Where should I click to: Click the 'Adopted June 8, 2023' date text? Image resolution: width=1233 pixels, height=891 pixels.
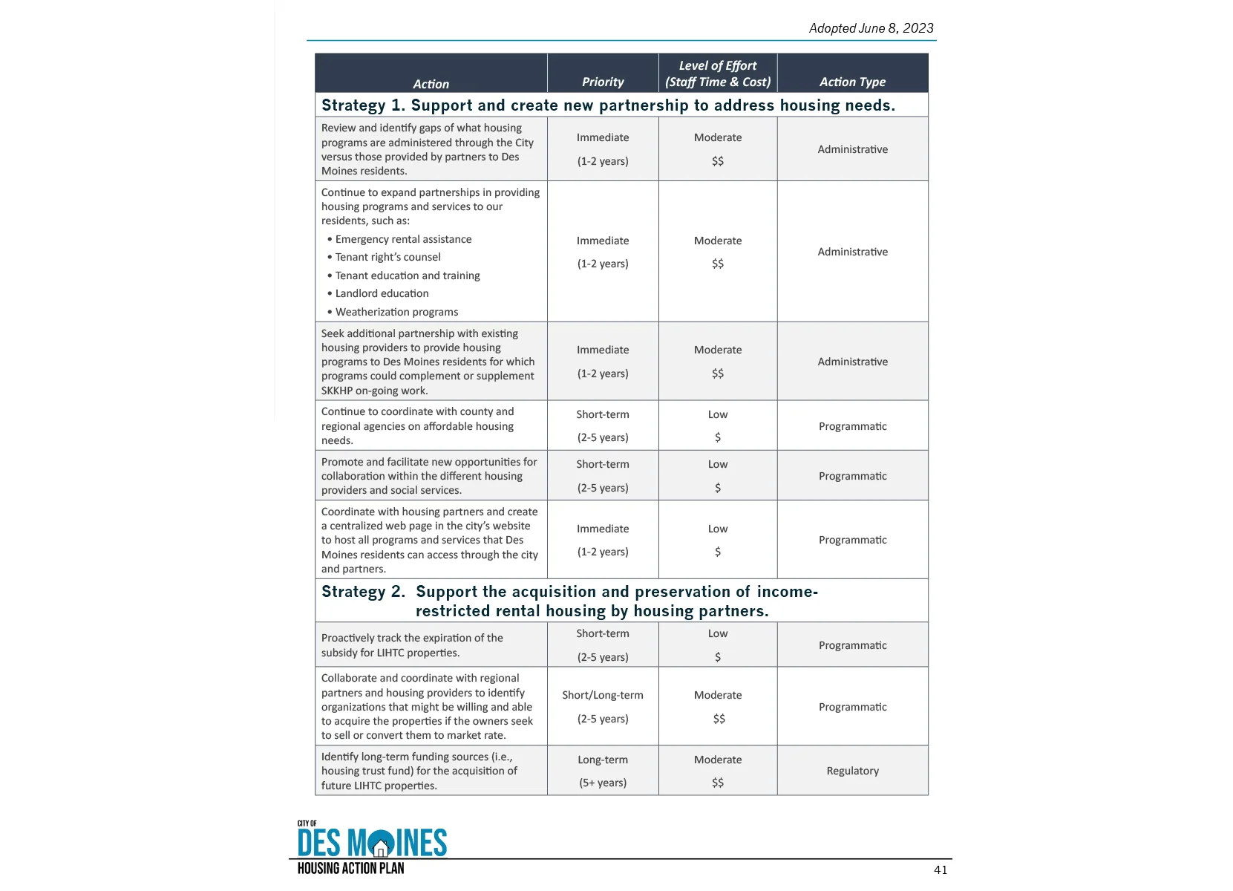coord(871,28)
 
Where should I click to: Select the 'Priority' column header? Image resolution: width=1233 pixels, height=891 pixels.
coord(603,82)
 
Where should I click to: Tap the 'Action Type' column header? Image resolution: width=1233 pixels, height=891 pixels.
coord(852,82)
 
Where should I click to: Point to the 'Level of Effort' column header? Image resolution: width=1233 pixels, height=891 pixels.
coord(718,66)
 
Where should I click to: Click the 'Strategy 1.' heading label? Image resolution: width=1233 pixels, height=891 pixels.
coord(363,105)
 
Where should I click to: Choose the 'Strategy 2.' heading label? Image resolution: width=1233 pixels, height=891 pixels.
coord(363,592)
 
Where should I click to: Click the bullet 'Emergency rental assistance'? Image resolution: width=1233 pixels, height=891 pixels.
coord(403,239)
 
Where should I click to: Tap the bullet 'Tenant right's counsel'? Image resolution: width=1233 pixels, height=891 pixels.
coord(387,257)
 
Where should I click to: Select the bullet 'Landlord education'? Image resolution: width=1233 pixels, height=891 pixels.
coord(382,293)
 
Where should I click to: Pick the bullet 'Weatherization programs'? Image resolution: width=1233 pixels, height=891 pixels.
coord(396,312)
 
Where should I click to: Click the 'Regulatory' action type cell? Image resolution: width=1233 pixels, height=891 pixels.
coord(852,771)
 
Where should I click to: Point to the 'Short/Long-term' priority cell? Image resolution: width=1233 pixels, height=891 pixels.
coord(603,695)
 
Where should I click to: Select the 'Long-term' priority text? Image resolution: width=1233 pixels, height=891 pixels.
coord(603,760)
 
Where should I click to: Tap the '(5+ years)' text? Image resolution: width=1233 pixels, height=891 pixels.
coord(603,783)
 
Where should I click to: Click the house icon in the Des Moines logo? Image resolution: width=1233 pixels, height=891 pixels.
coord(382,845)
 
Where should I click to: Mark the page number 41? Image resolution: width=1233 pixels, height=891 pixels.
coord(941,870)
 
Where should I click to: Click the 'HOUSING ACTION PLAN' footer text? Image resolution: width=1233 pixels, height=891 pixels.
coord(350,868)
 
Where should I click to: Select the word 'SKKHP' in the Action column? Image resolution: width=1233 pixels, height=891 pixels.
coord(337,391)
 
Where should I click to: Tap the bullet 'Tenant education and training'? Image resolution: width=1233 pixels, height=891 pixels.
coord(408,275)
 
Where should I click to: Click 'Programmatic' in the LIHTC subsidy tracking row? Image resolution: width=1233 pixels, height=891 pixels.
coord(852,645)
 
